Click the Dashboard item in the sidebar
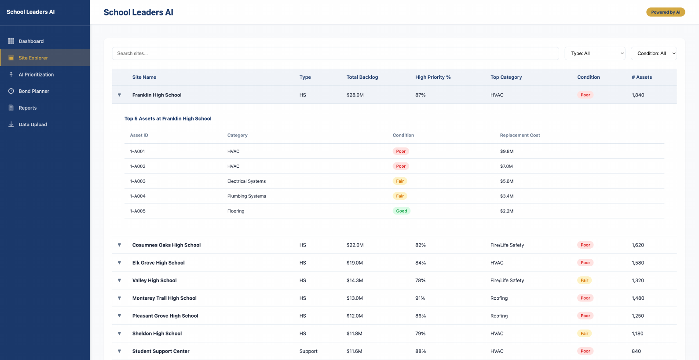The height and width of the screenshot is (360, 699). point(31,41)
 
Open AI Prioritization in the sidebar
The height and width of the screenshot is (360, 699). point(36,75)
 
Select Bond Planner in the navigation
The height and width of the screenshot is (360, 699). point(34,91)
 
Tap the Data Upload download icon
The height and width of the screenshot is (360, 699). point(11,125)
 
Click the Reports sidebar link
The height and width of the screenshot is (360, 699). point(27,108)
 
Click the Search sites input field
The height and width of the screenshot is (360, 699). point(335,54)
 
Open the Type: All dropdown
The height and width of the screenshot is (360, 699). point(595,54)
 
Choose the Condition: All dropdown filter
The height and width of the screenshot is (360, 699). point(653,54)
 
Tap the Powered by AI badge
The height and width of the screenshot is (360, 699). point(665,12)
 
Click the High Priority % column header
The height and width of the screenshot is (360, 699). point(433,77)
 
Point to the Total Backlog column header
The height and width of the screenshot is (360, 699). point(362,77)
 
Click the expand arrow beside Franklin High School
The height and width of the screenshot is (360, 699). point(119,95)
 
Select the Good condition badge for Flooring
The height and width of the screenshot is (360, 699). point(401,211)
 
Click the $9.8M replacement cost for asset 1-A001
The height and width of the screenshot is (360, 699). point(506,151)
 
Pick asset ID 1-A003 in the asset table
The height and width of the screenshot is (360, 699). point(138,181)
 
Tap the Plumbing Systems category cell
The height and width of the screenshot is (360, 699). point(246,196)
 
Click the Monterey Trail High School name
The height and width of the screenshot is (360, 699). point(164,298)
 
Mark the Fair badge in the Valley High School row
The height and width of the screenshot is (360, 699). point(584,280)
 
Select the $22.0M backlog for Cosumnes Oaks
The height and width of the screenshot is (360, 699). point(355,245)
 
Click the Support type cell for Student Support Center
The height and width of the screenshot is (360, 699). point(308,351)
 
